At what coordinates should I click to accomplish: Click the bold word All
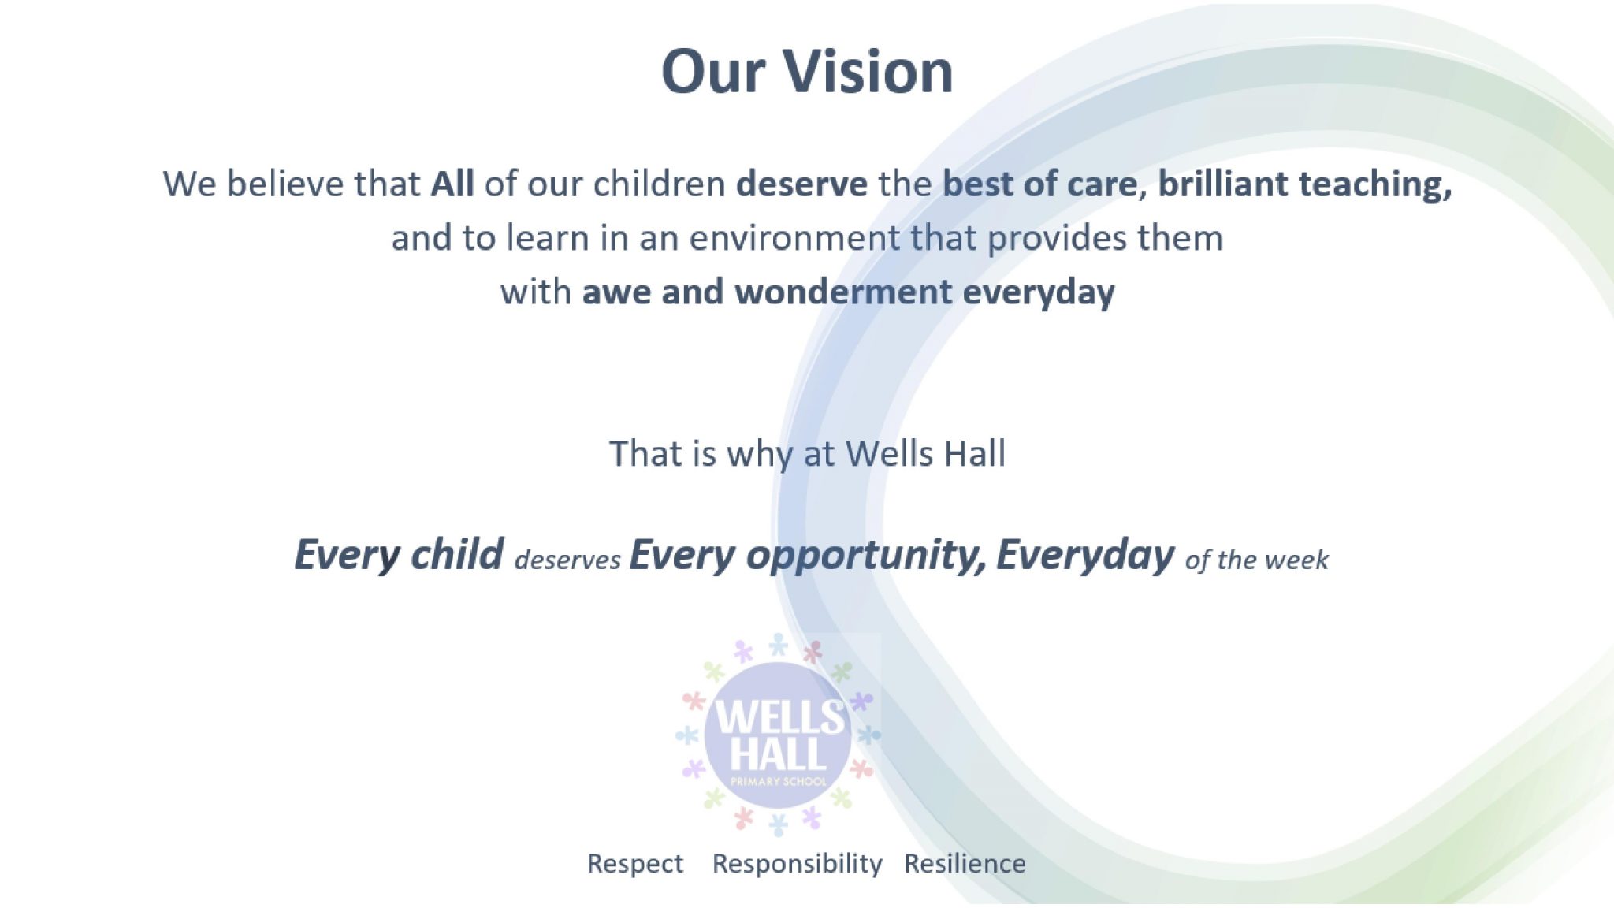452,184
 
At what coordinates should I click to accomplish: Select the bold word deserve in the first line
801,184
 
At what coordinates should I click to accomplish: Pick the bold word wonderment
843,292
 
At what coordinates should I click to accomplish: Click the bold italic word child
457,554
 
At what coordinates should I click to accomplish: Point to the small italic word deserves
567,560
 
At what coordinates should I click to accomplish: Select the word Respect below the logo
635,864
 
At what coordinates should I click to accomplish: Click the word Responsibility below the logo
797,864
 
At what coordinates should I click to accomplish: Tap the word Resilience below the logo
965,864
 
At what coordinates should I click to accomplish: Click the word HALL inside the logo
778,753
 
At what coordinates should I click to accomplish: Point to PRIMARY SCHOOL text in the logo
779,782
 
